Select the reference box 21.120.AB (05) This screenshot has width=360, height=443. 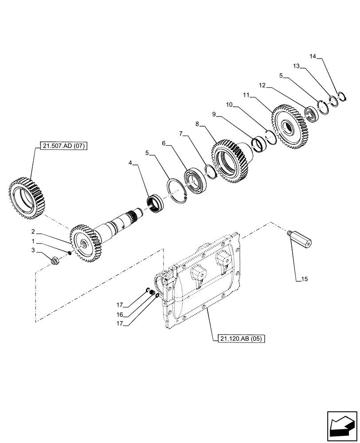click(241, 339)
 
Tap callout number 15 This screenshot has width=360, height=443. click(304, 279)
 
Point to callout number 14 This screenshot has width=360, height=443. click(313, 56)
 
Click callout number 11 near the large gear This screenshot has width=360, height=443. click(247, 95)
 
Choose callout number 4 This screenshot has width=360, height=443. click(130, 163)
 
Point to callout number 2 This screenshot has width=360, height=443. click(33, 231)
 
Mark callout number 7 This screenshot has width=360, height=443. click(180, 133)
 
